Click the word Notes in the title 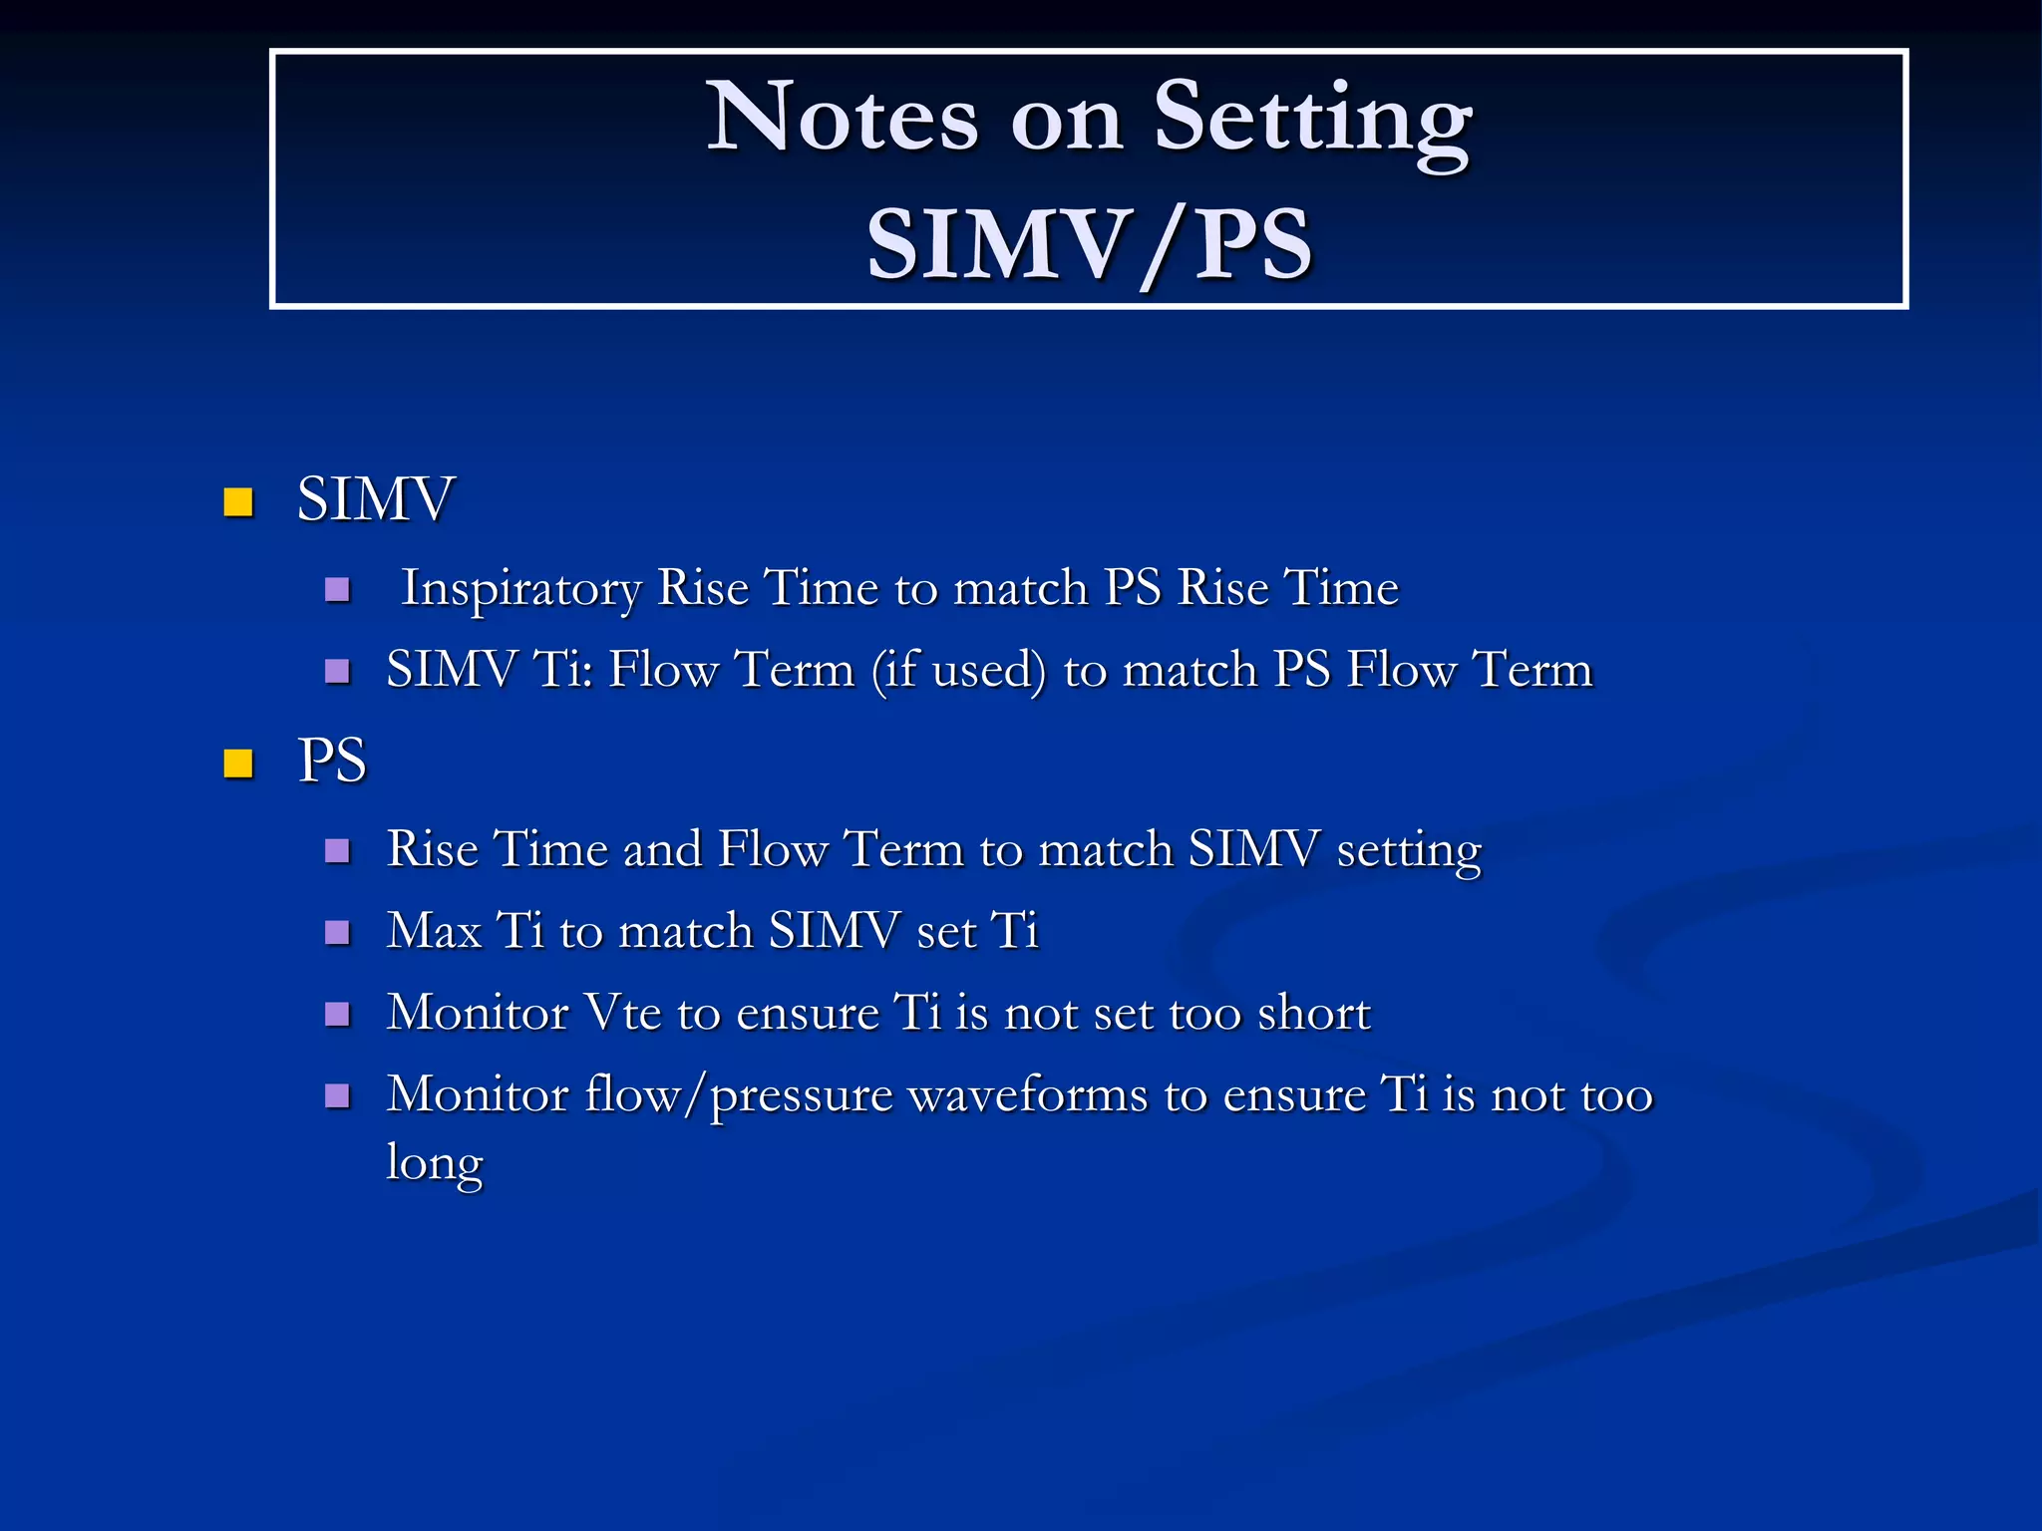point(843,118)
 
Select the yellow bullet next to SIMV point(238,501)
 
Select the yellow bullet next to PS point(238,764)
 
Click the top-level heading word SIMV point(376,498)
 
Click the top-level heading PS point(332,761)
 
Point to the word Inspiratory point(520,588)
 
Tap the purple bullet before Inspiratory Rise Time point(338,589)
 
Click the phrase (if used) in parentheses point(958,670)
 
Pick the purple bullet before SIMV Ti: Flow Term point(338,671)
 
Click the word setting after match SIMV point(1408,851)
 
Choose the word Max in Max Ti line point(434,931)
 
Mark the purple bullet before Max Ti point(338,933)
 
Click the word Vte point(622,1013)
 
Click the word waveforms point(1028,1095)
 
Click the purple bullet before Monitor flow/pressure point(338,1096)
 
